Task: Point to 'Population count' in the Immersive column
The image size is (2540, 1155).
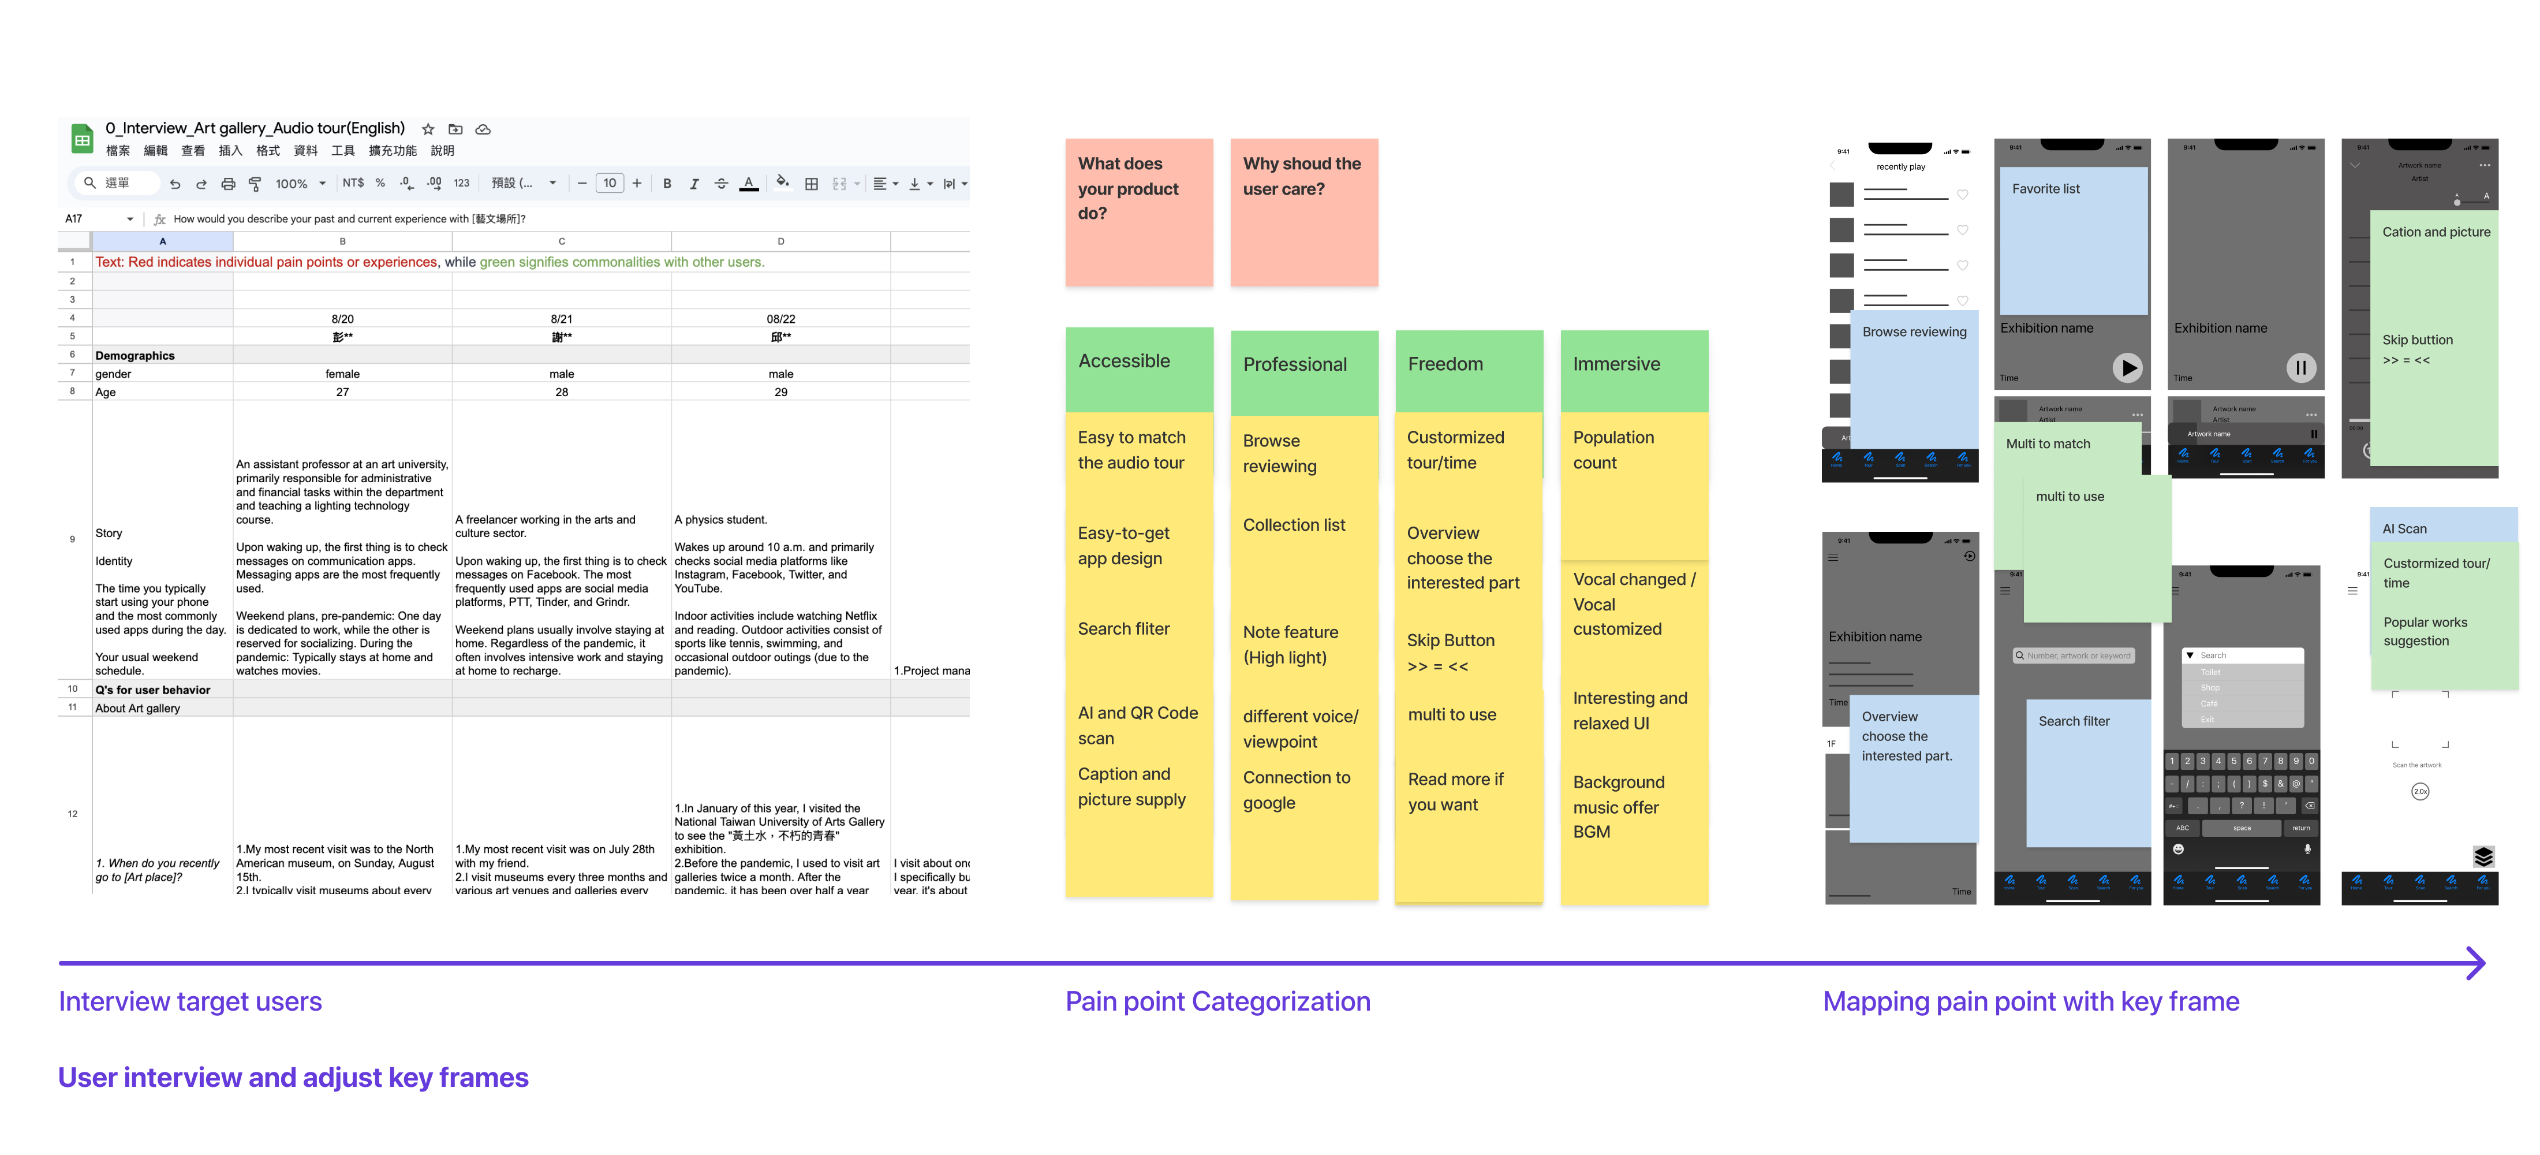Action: pos(1613,450)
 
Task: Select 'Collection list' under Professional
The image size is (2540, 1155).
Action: pos(1294,525)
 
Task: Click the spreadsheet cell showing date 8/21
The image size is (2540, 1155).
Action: pos(561,319)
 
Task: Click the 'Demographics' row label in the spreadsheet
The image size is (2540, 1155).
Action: pos(135,355)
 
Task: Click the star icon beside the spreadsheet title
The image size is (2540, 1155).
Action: pos(428,129)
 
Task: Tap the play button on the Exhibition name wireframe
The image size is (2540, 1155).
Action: pos(2127,368)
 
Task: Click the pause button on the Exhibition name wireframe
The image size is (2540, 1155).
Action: pos(2300,368)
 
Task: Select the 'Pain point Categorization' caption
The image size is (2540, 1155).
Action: pos(1217,1001)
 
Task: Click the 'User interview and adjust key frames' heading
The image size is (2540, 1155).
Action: pos(293,1077)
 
